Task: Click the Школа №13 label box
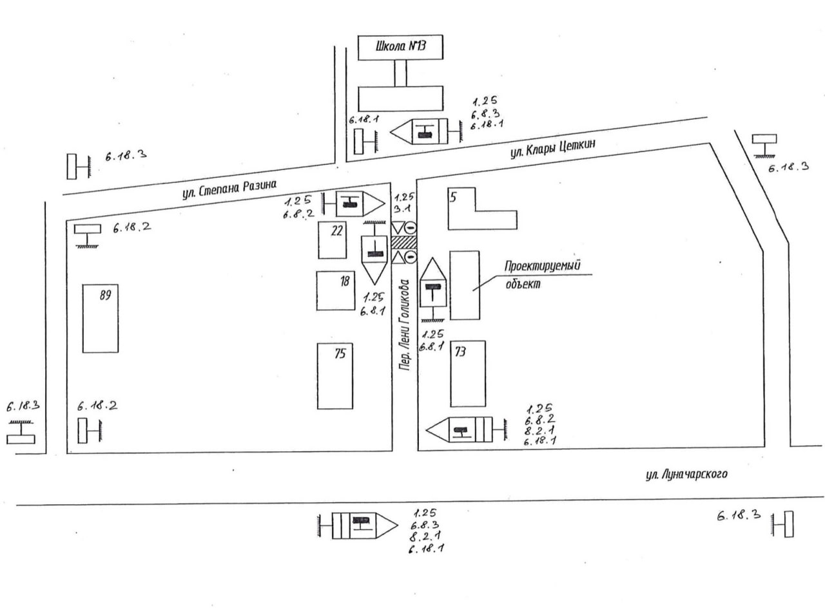coord(400,48)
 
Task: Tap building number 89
coord(101,318)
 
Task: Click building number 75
coord(335,376)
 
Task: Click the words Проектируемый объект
coord(538,274)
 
